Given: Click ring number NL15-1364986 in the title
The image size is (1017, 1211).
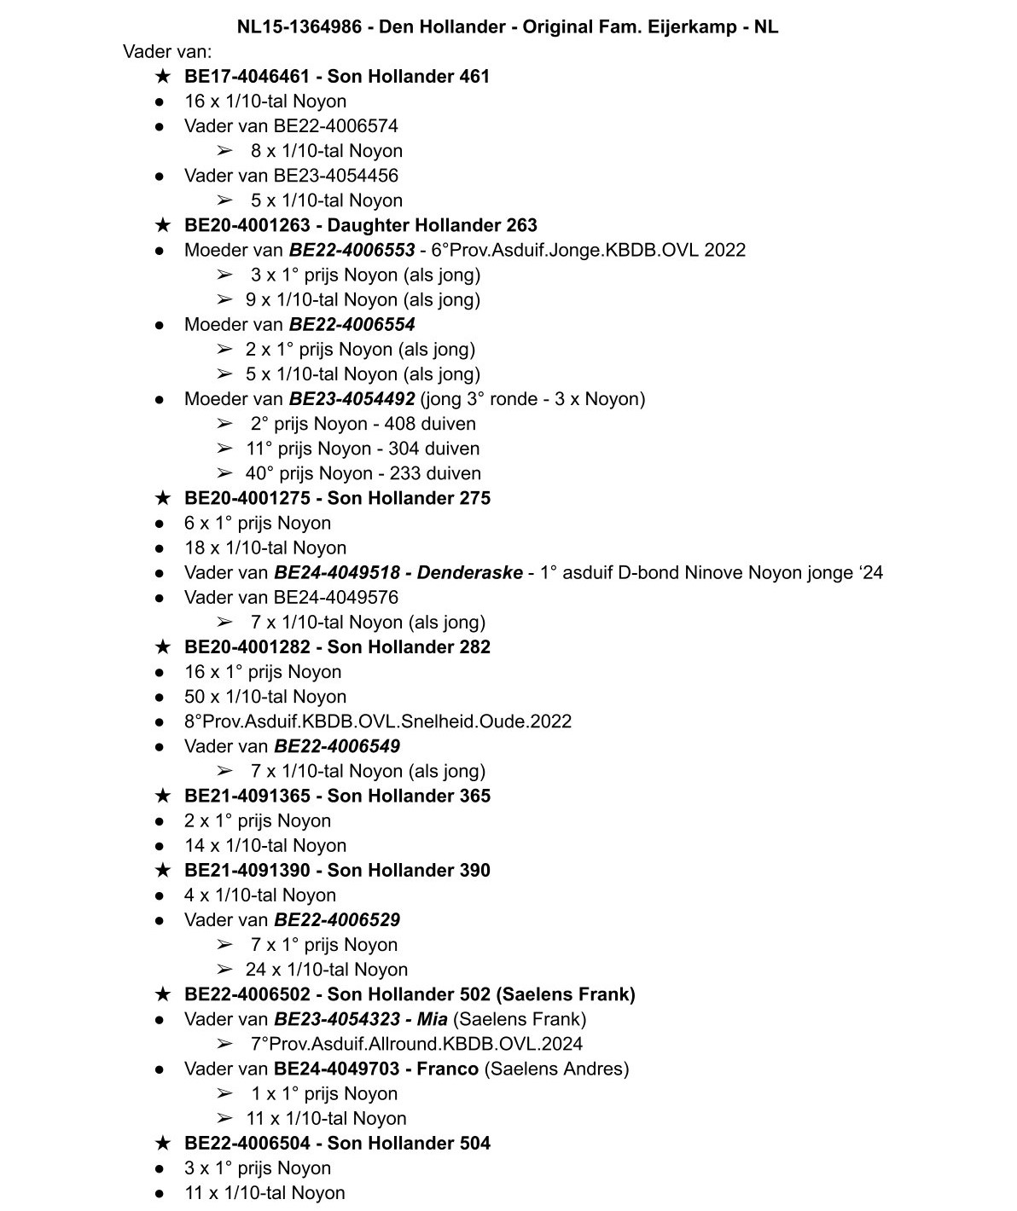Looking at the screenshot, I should [x=299, y=26].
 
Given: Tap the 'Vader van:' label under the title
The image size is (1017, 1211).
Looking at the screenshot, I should [x=167, y=51].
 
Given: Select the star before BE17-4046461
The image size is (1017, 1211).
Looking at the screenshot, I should [x=162, y=77].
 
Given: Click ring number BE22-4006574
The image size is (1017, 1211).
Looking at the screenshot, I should [x=335, y=126].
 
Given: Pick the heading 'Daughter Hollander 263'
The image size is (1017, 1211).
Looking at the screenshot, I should [x=432, y=225].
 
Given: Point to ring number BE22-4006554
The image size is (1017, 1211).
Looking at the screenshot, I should [x=352, y=324].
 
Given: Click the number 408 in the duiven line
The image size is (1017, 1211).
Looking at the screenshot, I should [x=400, y=424].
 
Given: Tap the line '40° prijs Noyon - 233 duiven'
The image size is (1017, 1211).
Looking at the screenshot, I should [x=363, y=473].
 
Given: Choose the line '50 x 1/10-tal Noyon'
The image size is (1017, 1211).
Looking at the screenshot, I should [x=265, y=697].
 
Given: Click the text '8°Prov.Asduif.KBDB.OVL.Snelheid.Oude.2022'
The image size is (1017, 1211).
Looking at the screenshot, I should [x=378, y=721].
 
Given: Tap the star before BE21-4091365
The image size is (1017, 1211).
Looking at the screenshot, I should [x=162, y=797].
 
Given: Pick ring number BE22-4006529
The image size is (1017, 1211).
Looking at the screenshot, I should [x=336, y=920].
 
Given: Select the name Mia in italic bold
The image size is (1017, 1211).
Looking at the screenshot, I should [x=433, y=1019].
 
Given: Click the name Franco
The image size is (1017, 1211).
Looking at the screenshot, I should [x=447, y=1069].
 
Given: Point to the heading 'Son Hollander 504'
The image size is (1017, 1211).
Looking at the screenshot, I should [x=409, y=1143].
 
